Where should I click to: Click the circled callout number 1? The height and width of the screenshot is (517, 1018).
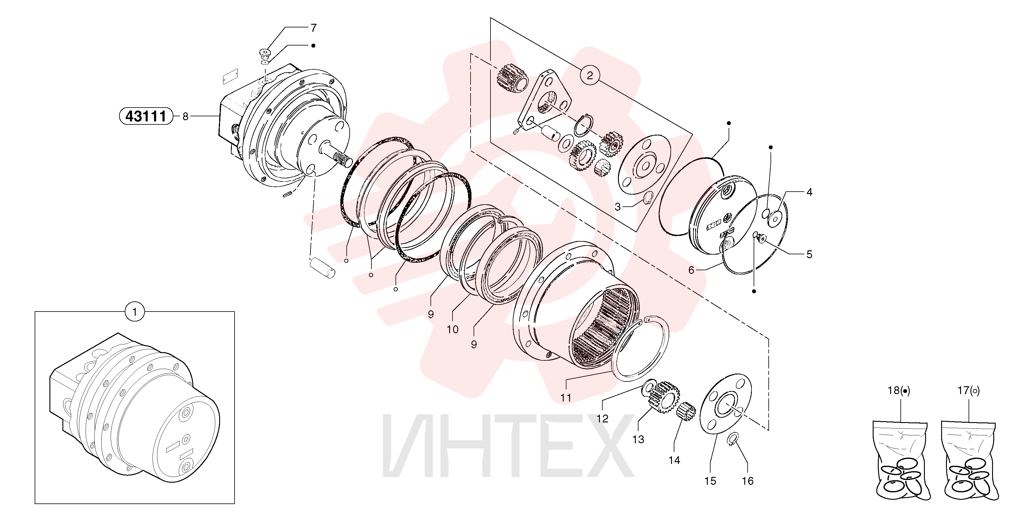[x=135, y=312]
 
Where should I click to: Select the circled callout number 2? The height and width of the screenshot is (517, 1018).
[x=590, y=75]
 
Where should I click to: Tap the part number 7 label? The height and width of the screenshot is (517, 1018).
[x=314, y=28]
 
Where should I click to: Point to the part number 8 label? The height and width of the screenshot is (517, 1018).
[x=185, y=117]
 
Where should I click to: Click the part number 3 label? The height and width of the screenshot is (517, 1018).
[x=618, y=207]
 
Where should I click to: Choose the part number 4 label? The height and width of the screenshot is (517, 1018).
[x=809, y=192]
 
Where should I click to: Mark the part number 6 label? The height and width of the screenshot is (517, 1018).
[x=691, y=270]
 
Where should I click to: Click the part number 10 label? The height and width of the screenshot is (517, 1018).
[x=452, y=329]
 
